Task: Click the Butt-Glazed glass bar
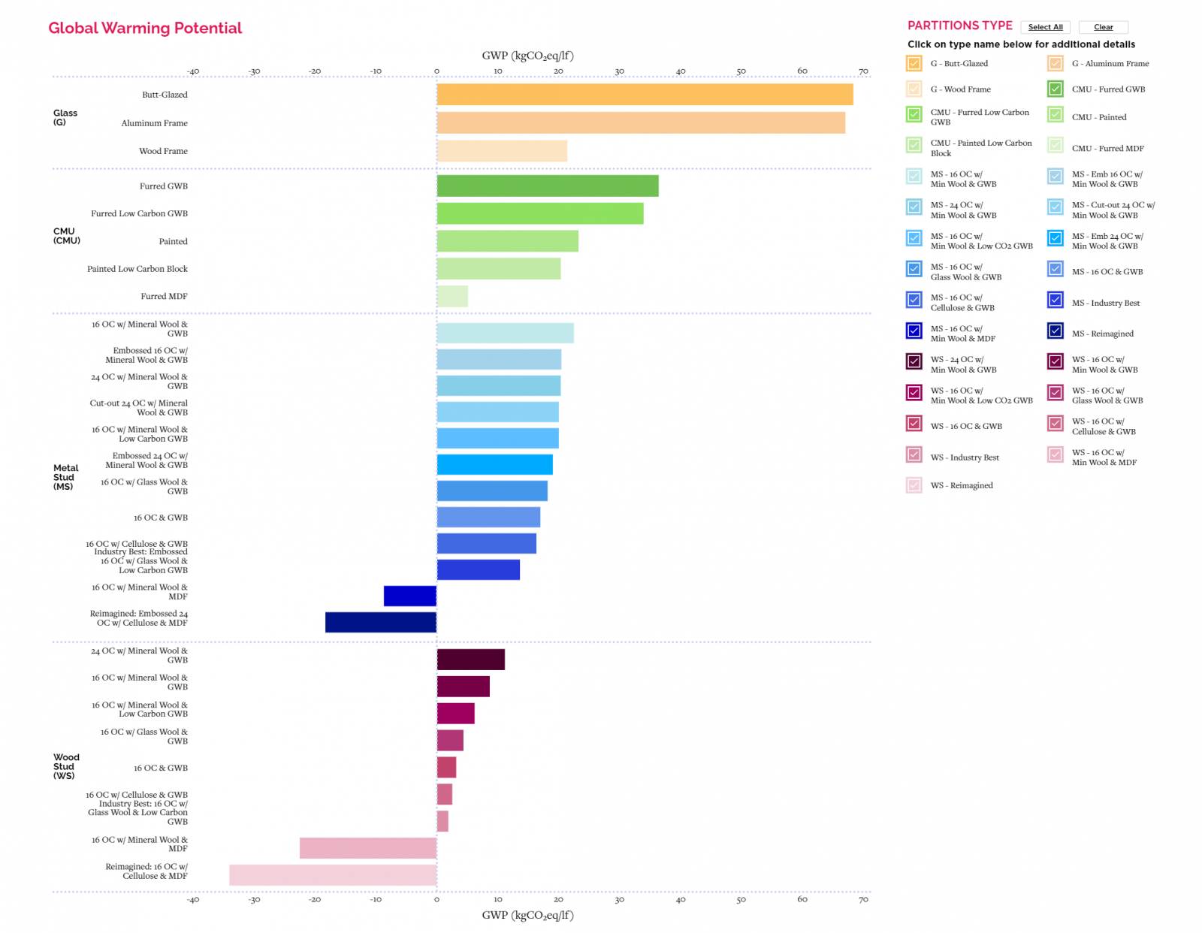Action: point(645,95)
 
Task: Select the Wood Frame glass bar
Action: point(502,151)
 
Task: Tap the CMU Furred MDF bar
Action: point(452,297)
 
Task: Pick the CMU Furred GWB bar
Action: point(548,186)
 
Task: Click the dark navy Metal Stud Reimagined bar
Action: point(380,622)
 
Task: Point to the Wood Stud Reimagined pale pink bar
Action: point(333,875)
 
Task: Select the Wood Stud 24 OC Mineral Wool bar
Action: point(471,660)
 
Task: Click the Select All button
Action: point(1045,27)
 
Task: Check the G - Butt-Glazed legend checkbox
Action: point(914,64)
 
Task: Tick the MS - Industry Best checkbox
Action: point(1055,300)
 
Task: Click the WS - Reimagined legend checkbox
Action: point(914,485)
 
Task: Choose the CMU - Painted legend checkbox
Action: point(1055,115)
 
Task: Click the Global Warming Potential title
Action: point(145,29)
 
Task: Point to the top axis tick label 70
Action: point(863,71)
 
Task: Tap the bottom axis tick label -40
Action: point(193,899)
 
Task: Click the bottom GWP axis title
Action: point(527,915)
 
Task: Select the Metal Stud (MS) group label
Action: point(65,477)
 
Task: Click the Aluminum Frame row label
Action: point(154,123)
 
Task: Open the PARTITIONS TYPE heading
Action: point(959,26)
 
